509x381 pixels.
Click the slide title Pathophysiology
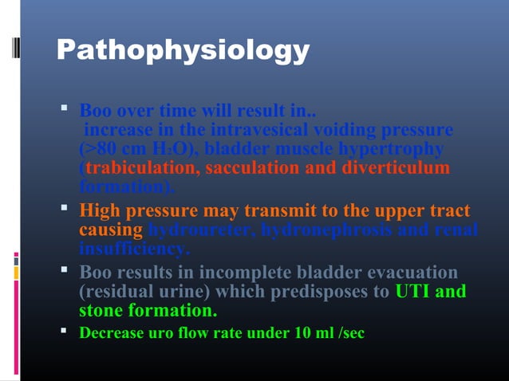tap(183, 50)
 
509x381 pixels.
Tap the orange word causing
tap(111, 230)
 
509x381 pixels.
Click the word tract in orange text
tap(450, 211)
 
